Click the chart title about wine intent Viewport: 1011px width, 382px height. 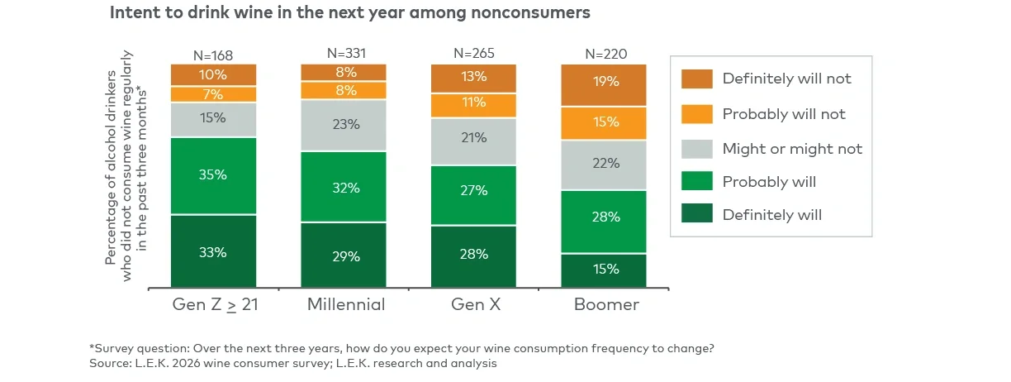[x=350, y=14]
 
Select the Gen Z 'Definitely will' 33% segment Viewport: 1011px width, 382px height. [x=213, y=251]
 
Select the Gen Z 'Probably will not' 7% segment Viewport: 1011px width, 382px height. [x=213, y=93]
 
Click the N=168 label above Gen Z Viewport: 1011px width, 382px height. [x=213, y=55]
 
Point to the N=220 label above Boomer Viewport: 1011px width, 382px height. [x=605, y=55]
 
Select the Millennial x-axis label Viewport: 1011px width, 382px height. [x=346, y=304]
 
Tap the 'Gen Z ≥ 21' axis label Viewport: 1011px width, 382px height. [x=215, y=304]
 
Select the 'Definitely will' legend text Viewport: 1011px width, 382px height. [x=771, y=215]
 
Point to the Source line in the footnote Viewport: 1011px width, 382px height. [x=292, y=362]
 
